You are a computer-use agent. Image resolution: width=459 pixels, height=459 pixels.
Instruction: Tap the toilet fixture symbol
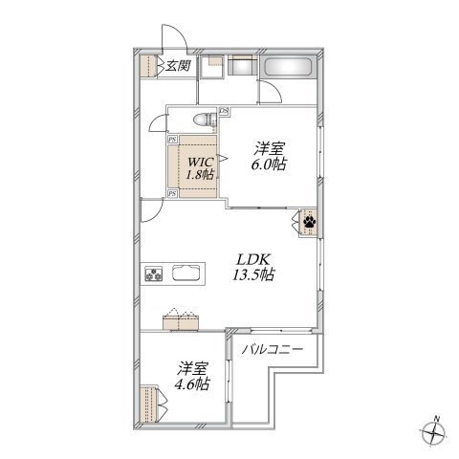coord(202,120)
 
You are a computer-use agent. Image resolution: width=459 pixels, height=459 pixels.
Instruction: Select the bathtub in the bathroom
coord(290,69)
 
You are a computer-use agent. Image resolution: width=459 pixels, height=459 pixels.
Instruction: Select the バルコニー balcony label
coord(273,349)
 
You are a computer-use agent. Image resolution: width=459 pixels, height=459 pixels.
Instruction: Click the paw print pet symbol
coord(311,223)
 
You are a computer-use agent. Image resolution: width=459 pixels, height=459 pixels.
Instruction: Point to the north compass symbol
coord(433,431)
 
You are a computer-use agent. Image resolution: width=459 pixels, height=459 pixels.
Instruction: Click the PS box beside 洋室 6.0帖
coord(223,111)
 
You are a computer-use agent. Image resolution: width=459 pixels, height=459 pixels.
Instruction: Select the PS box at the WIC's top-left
coord(171,141)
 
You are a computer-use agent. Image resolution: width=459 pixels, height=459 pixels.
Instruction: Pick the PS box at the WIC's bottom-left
coord(171,194)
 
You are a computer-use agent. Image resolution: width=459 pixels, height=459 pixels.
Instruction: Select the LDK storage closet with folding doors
coord(182,319)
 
